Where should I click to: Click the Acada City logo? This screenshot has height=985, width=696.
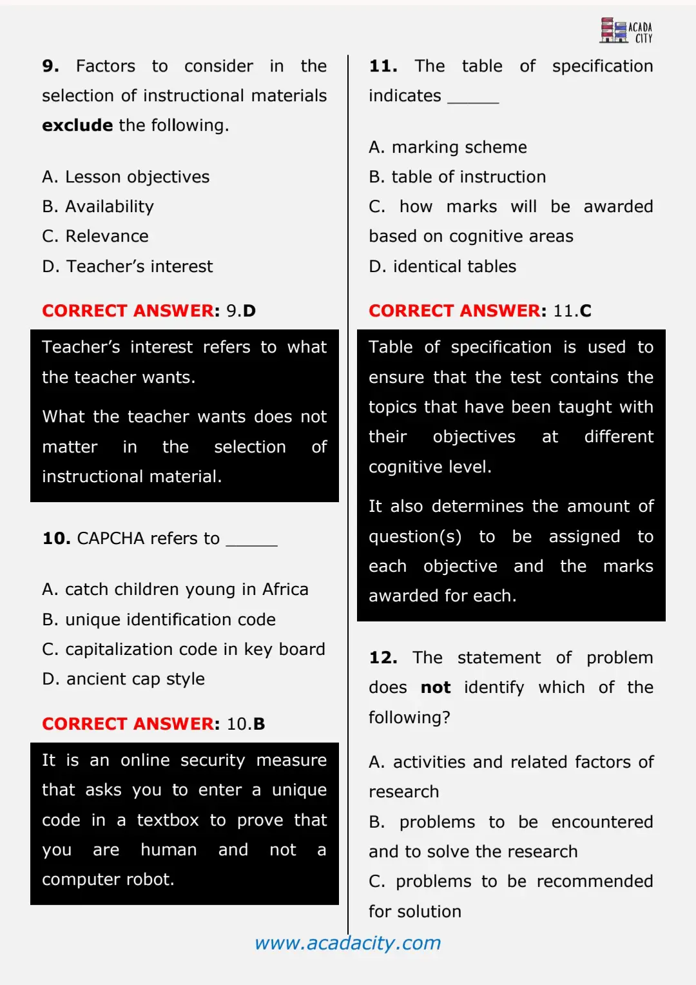tap(626, 30)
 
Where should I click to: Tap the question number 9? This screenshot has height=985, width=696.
tap(50, 66)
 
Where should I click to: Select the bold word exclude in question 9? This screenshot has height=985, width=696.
tap(77, 125)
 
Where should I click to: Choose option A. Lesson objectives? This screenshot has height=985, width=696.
tap(126, 177)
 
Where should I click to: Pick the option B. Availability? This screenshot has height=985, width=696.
tap(98, 206)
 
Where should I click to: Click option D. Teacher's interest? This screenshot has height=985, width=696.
tap(127, 266)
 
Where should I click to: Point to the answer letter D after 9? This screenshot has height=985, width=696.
tap(249, 311)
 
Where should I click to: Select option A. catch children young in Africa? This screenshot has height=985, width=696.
tap(175, 589)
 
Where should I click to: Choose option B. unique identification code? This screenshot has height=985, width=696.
tap(159, 619)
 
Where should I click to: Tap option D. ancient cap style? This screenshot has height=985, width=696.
tap(123, 679)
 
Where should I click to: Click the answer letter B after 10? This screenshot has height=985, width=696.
tap(259, 724)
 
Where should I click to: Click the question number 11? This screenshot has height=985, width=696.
tap(383, 66)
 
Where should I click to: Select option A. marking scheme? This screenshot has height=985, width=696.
tap(447, 147)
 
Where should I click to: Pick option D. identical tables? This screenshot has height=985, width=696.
tap(442, 266)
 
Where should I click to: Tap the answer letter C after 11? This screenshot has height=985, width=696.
tap(585, 311)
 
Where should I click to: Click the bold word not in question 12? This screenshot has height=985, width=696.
tap(436, 687)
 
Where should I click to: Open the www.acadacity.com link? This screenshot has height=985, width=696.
tap(348, 943)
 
